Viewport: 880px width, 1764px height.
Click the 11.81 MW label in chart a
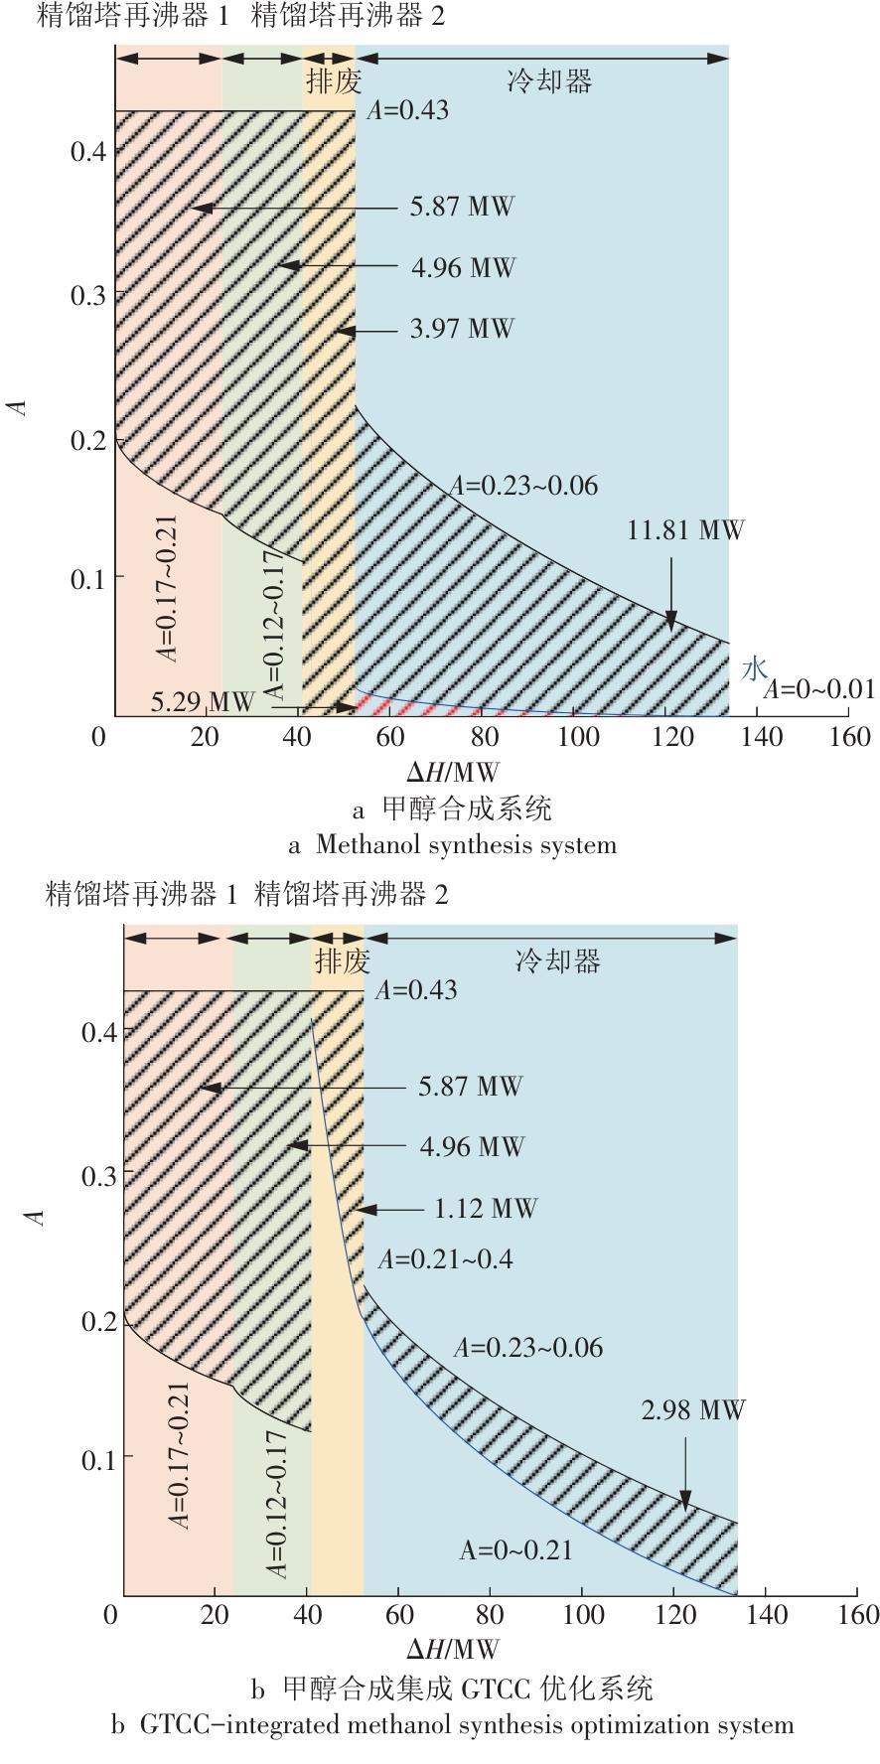pyautogui.click(x=684, y=530)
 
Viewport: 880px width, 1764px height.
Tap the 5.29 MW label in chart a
pyautogui.click(x=203, y=702)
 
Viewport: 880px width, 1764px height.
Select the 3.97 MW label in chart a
pyautogui.click(x=462, y=329)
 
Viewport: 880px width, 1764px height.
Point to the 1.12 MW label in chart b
pyautogui.click(x=486, y=1209)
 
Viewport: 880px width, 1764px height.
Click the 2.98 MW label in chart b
pyautogui.click(x=692, y=1410)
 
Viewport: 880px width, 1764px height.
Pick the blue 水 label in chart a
pyautogui.click(x=755, y=669)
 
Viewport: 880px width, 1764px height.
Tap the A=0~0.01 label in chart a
pyautogui.click(x=818, y=689)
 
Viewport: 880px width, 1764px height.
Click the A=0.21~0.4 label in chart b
pyautogui.click(x=445, y=1259)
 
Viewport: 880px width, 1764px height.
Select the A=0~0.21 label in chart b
pyautogui.click(x=515, y=1550)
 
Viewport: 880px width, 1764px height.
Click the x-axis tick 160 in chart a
pyautogui.click(x=850, y=737)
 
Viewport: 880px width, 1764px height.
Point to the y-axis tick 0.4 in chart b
pyautogui.click(x=99, y=1032)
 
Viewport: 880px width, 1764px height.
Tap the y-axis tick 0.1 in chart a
pyautogui.click(x=88, y=578)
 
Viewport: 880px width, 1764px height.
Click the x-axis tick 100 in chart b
pyautogui.click(x=583, y=1615)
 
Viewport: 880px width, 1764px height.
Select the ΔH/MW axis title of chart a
pyautogui.click(x=453, y=772)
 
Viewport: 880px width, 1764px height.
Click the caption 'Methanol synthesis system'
pyautogui.click(x=466, y=845)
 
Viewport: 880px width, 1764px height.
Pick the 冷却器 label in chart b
pyautogui.click(x=558, y=961)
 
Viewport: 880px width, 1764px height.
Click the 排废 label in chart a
pyautogui.click(x=334, y=81)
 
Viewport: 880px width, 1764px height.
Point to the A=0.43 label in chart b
pyautogui.click(x=416, y=990)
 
